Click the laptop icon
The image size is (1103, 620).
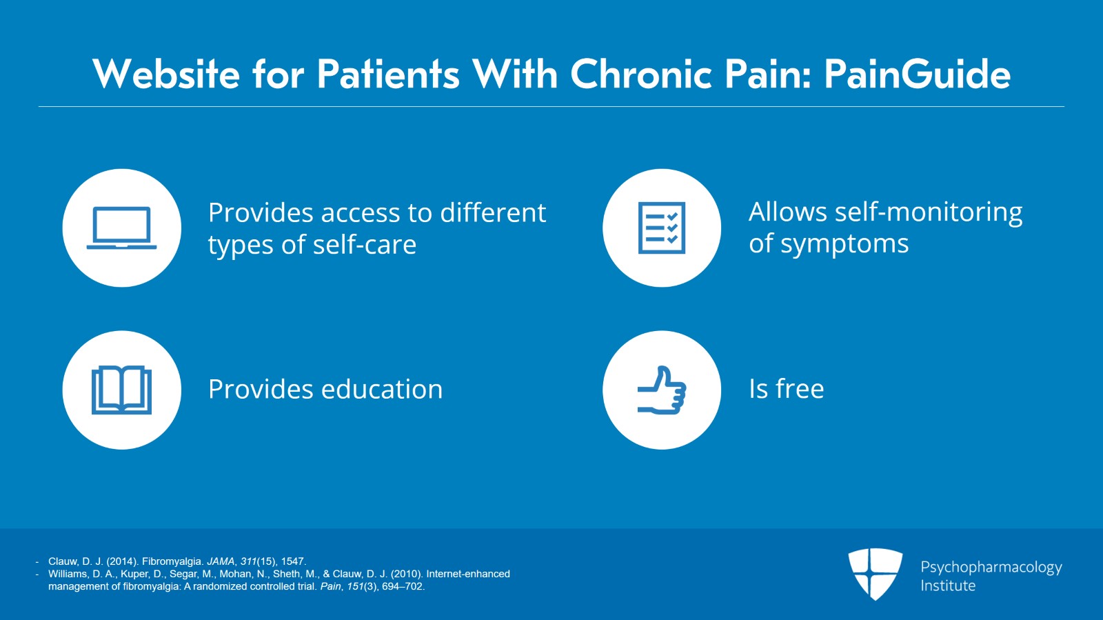[121, 228]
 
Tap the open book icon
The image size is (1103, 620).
[121, 390]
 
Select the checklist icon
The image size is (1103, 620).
[662, 228]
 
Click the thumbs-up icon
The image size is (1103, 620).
[662, 390]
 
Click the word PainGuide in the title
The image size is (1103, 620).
[918, 75]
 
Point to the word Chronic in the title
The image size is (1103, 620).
[641, 74]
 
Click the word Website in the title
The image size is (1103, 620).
[166, 74]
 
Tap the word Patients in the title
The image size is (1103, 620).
[388, 74]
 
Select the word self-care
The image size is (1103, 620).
[365, 244]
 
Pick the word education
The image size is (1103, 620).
[382, 389]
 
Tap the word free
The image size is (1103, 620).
[800, 388]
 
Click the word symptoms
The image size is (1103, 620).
[844, 245]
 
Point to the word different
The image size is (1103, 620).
[493, 212]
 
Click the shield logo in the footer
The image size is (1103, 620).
[875, 574]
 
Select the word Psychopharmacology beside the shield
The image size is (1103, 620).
[991, 568]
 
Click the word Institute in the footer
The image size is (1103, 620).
[948, 586]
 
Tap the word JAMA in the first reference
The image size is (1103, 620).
[221, 561]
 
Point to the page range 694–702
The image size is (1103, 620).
[403, 586]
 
